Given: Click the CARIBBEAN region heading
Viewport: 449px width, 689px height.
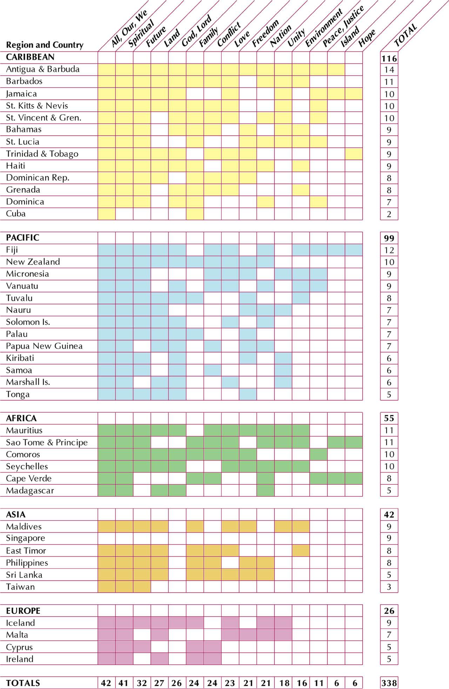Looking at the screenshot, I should [x=30, y=57].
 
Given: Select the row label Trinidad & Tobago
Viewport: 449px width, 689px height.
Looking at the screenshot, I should [x=42, y=154].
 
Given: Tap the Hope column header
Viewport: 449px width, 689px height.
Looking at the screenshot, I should [x=367, y=38].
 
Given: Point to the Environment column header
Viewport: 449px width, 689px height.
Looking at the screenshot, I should [x=323, y=28].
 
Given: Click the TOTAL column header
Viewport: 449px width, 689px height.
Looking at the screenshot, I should [x=406, y=35].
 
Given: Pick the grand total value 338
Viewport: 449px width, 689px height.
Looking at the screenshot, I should [x=389, y=683].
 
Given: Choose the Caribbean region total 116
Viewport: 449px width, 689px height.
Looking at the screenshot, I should [x=389, y=58].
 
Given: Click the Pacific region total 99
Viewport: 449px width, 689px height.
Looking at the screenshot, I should [x=389, y=238].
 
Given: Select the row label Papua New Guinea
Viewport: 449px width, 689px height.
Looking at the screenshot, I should [x=44, y=346].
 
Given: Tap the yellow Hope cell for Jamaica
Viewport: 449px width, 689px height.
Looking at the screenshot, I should [x=354, y=94].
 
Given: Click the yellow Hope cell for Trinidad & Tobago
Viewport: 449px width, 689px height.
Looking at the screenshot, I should [x=354, y=154].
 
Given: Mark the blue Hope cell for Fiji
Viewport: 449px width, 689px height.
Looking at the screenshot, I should [x=354, y=250].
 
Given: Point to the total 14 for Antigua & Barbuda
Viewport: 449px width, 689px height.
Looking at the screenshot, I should [x=389, y=70].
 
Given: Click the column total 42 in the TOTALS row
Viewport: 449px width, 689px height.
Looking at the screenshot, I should [x=106, y=683].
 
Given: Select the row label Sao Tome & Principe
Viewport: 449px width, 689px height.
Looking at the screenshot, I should [x=47, y=442].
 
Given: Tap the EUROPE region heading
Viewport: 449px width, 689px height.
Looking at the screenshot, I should [x=23, y=611].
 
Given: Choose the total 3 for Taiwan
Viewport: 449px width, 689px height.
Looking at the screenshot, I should [x=389, y=587].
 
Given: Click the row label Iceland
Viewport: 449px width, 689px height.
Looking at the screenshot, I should [x=20, y=623].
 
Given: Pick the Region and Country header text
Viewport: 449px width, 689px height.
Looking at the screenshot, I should [x=45, y=45].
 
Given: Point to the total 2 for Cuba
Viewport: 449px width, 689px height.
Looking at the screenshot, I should [x=389, y=214].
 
